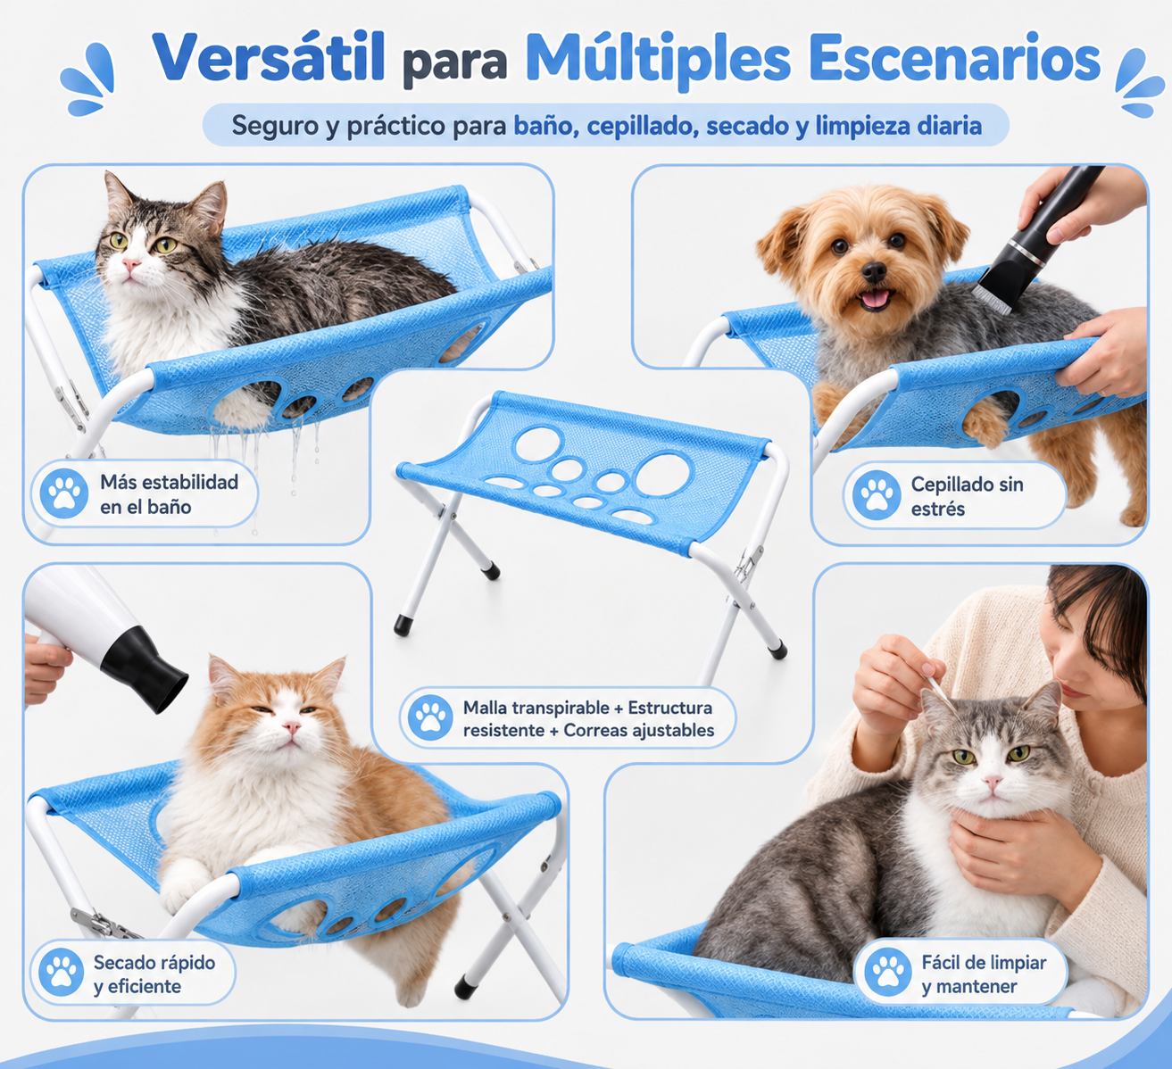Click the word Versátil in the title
tap(268, 57)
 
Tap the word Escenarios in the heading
tap(955, 57)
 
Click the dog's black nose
tap(874, 271)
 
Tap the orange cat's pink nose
tap(291, 726)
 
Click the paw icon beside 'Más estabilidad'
tap(63, 493)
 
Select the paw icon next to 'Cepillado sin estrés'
tap(876, 495)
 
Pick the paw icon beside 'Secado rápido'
tap(61, 973)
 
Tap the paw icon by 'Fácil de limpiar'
tap(887, 973)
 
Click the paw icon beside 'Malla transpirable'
tap(430, 718)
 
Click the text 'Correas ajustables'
tap(639, 730)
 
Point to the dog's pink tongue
tap(875, 299)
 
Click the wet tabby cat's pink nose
tap(130, 266)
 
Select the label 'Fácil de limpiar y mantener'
tap(984, 974)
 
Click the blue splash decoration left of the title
tap(88, 79)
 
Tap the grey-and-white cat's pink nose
tap(993, 781)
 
